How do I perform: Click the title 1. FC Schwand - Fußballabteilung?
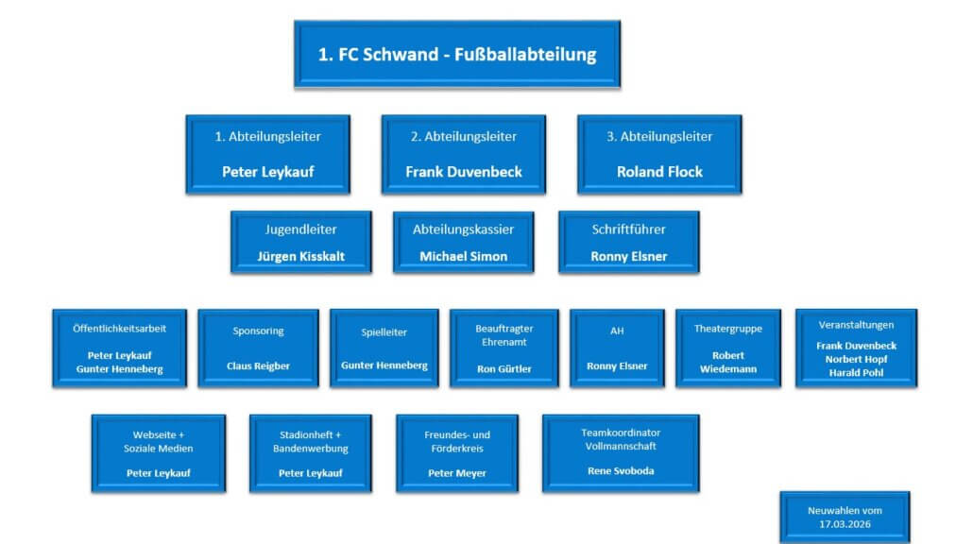point(456,54)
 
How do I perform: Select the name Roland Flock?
point(659,172)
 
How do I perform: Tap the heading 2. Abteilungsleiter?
point(463,136)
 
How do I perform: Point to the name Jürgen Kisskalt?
point(300,256)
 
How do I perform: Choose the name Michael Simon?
point(463,256)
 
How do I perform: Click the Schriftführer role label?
point(628,229)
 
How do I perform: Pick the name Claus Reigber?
point(258,365)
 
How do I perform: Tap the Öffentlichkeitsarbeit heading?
point(119,328)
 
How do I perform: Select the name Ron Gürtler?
point(504,369)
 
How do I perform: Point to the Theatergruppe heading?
point(727,329)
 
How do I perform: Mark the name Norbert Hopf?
point(856,359)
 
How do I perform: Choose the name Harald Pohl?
point(856,372)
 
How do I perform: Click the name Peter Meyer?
point(456,472)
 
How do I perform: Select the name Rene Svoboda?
point(620,470)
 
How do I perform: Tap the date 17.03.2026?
point(845,522)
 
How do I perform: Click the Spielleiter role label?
point(384,332)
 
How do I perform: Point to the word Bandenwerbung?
point(310,448)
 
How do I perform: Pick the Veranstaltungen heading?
point(856,325)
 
